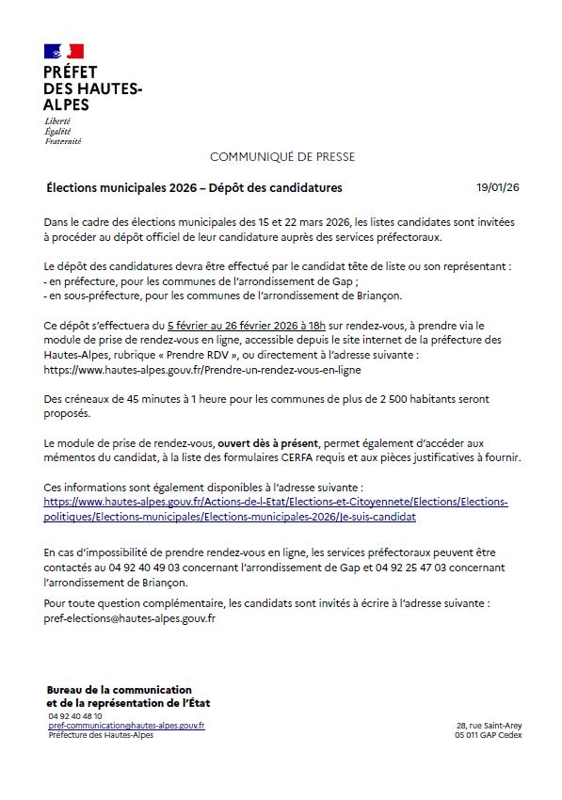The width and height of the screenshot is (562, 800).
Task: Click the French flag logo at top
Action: [x=64, y=51]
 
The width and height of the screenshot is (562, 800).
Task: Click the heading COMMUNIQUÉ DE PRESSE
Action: [x=281, y=156]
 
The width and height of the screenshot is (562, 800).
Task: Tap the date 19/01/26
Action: [x=498, y=187]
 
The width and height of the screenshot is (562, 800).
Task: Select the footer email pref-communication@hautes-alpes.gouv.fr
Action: [x=126, y=726]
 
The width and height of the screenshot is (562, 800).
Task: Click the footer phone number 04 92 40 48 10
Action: [x=75, y=716]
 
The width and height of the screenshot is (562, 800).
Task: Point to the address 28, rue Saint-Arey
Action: [x=489, y=726]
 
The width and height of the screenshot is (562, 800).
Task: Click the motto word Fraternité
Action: [x=63, y=141]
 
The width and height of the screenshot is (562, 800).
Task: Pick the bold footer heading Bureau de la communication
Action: [x=119, y=690]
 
